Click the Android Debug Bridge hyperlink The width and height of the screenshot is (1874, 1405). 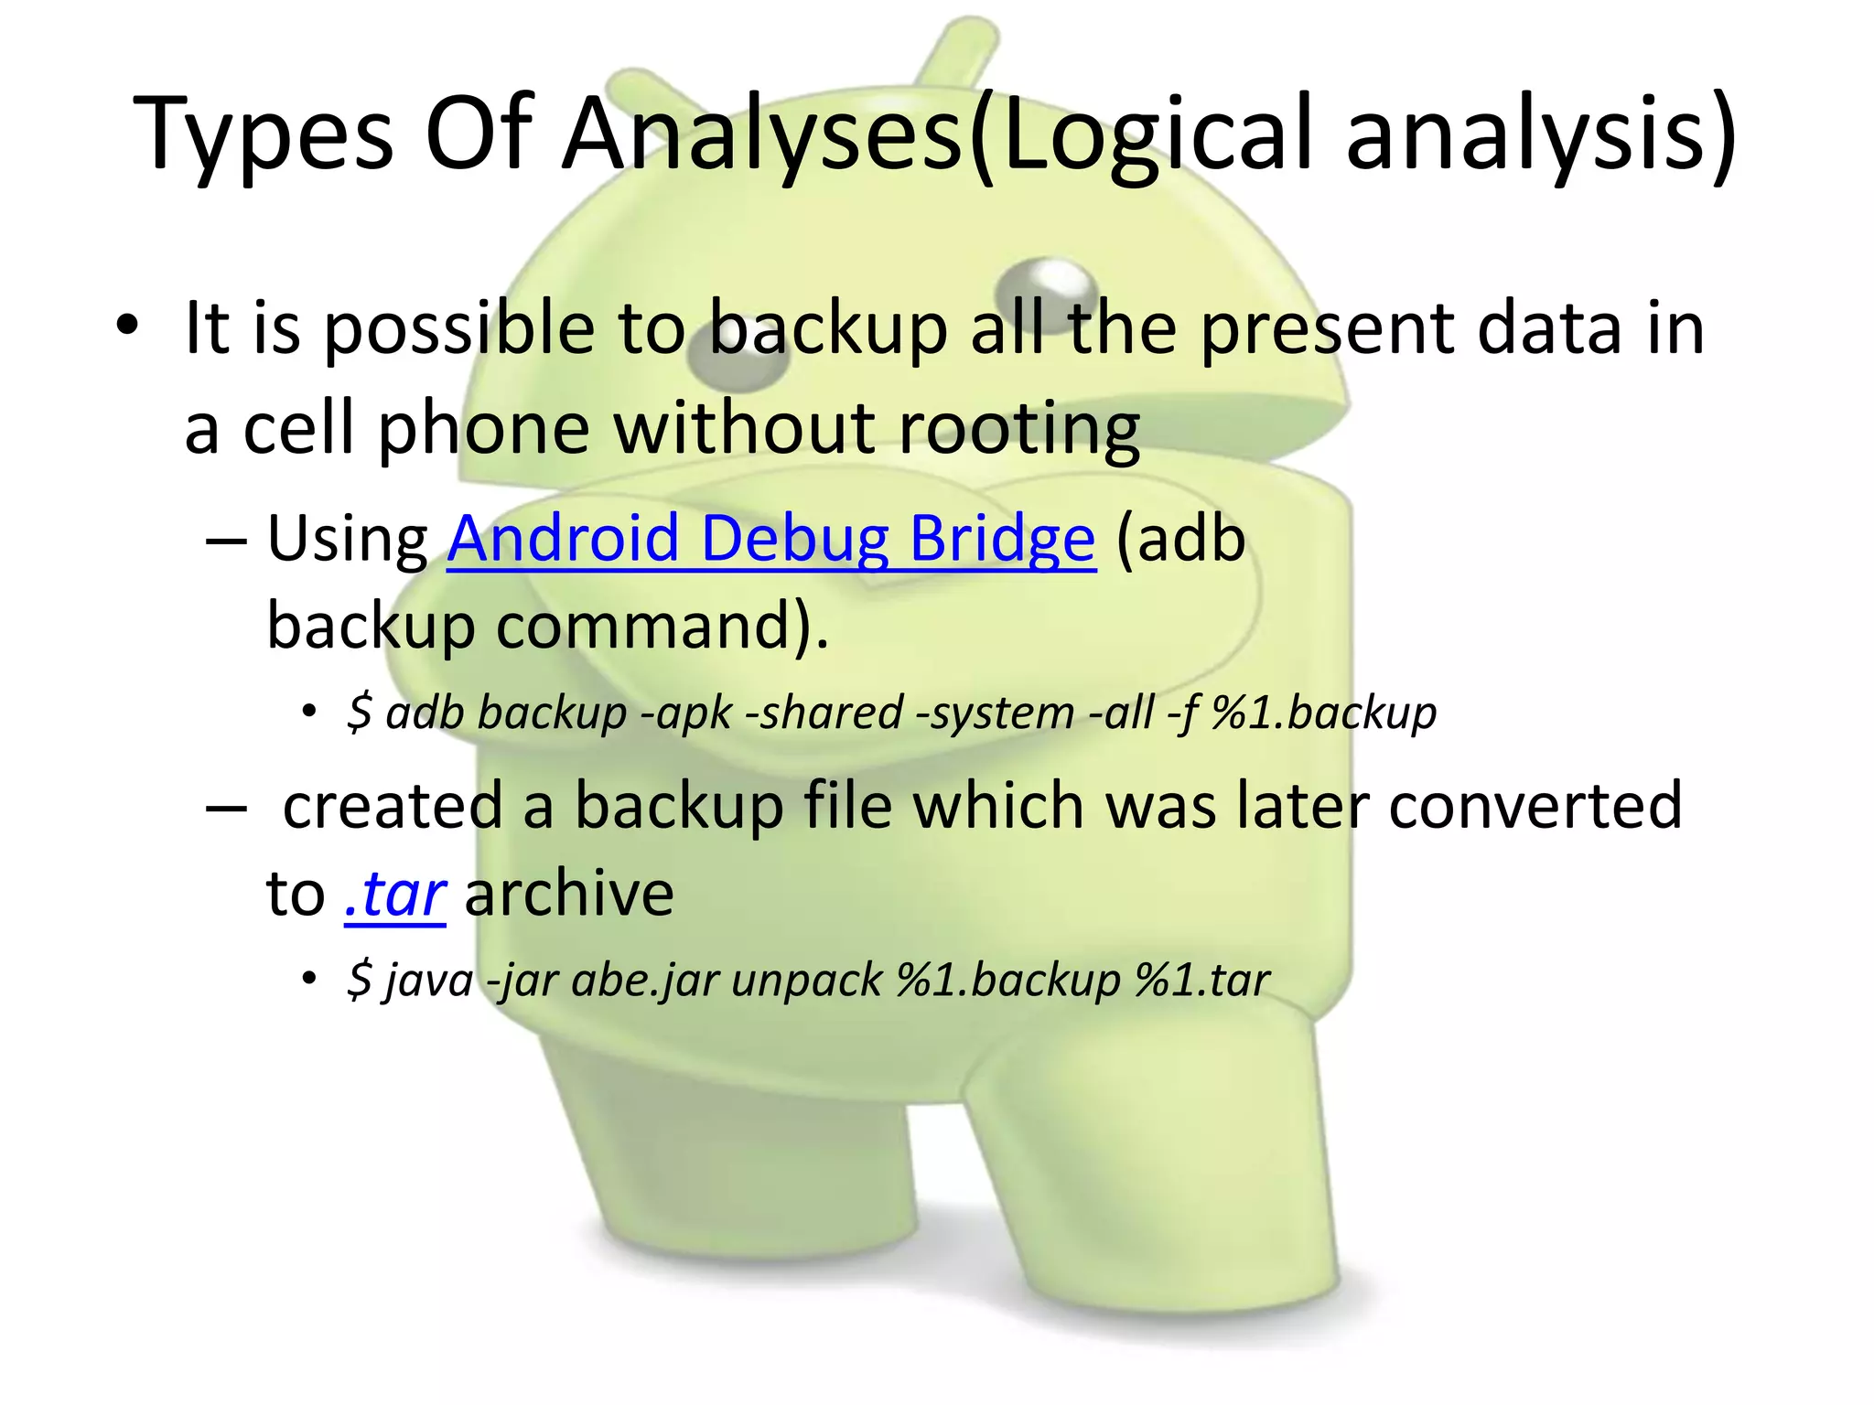click(x=770, y=539)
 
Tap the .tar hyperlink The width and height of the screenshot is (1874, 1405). click(x=395, y=894)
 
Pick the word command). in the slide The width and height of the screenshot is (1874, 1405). click(x=662, y=627)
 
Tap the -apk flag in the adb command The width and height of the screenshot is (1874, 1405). click(x=686, y=713)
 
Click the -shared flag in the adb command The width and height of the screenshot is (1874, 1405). click(x=824, y=713)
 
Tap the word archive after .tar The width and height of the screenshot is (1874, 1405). click(x=569, y=894)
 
